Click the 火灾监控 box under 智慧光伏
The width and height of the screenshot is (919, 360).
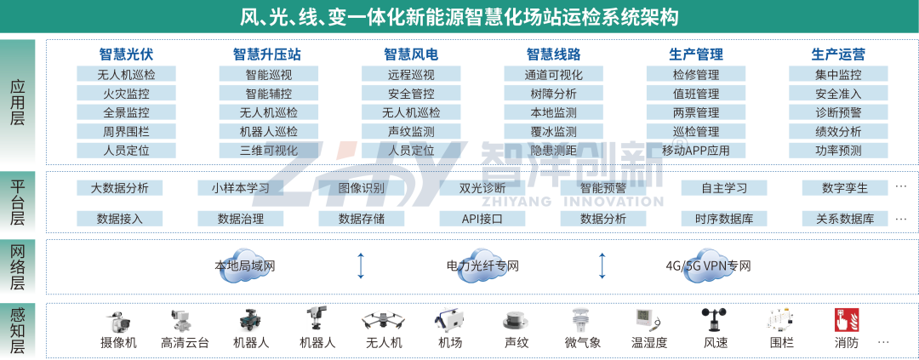pos(126,93)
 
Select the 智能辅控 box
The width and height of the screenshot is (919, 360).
pos(268,93)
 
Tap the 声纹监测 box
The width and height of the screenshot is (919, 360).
pos(411,131)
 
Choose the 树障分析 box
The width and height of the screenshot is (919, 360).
pos(553,93)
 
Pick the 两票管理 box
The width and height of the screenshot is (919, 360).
pos(696,112)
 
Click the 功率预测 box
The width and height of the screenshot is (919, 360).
pos(838,151)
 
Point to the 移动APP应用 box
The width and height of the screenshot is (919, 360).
pos(696,151)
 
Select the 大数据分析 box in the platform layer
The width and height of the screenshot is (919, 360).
pos(119,188)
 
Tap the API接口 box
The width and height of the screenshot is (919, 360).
pos(482,219)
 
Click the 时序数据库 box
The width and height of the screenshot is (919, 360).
pos(723,219)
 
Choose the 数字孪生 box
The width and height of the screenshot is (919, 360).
pos(845,188)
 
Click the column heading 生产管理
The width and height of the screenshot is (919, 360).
pos(696,54)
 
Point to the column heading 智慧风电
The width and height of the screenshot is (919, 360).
pos(411,54)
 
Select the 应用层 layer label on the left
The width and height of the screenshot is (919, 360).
pos(18,102)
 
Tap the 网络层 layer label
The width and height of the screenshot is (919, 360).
pos(18,266)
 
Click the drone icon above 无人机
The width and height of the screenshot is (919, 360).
pos(383,320)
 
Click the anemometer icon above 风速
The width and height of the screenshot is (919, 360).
pos(714,320)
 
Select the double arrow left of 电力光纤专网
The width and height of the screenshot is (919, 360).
pos(361,266)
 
